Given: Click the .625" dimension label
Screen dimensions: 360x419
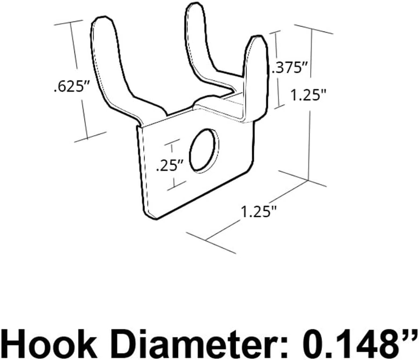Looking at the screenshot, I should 70,87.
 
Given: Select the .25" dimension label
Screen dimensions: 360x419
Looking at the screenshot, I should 170,166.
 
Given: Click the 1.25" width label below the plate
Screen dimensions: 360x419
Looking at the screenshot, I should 259,211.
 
